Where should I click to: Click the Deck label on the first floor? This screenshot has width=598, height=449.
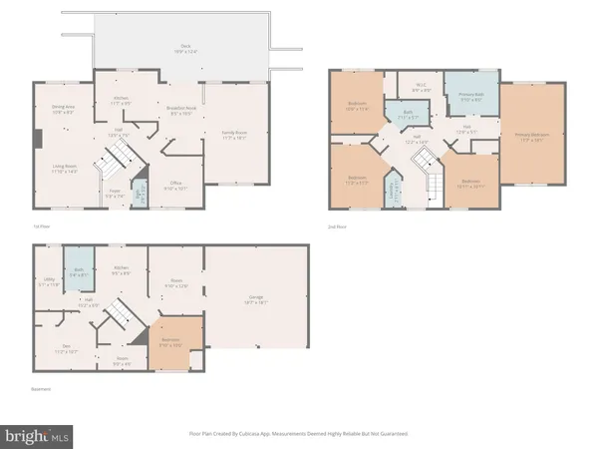tap(184, 47)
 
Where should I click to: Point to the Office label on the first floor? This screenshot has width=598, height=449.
tap(174, 185)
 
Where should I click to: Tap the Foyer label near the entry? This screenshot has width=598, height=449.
tap(114, 193)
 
